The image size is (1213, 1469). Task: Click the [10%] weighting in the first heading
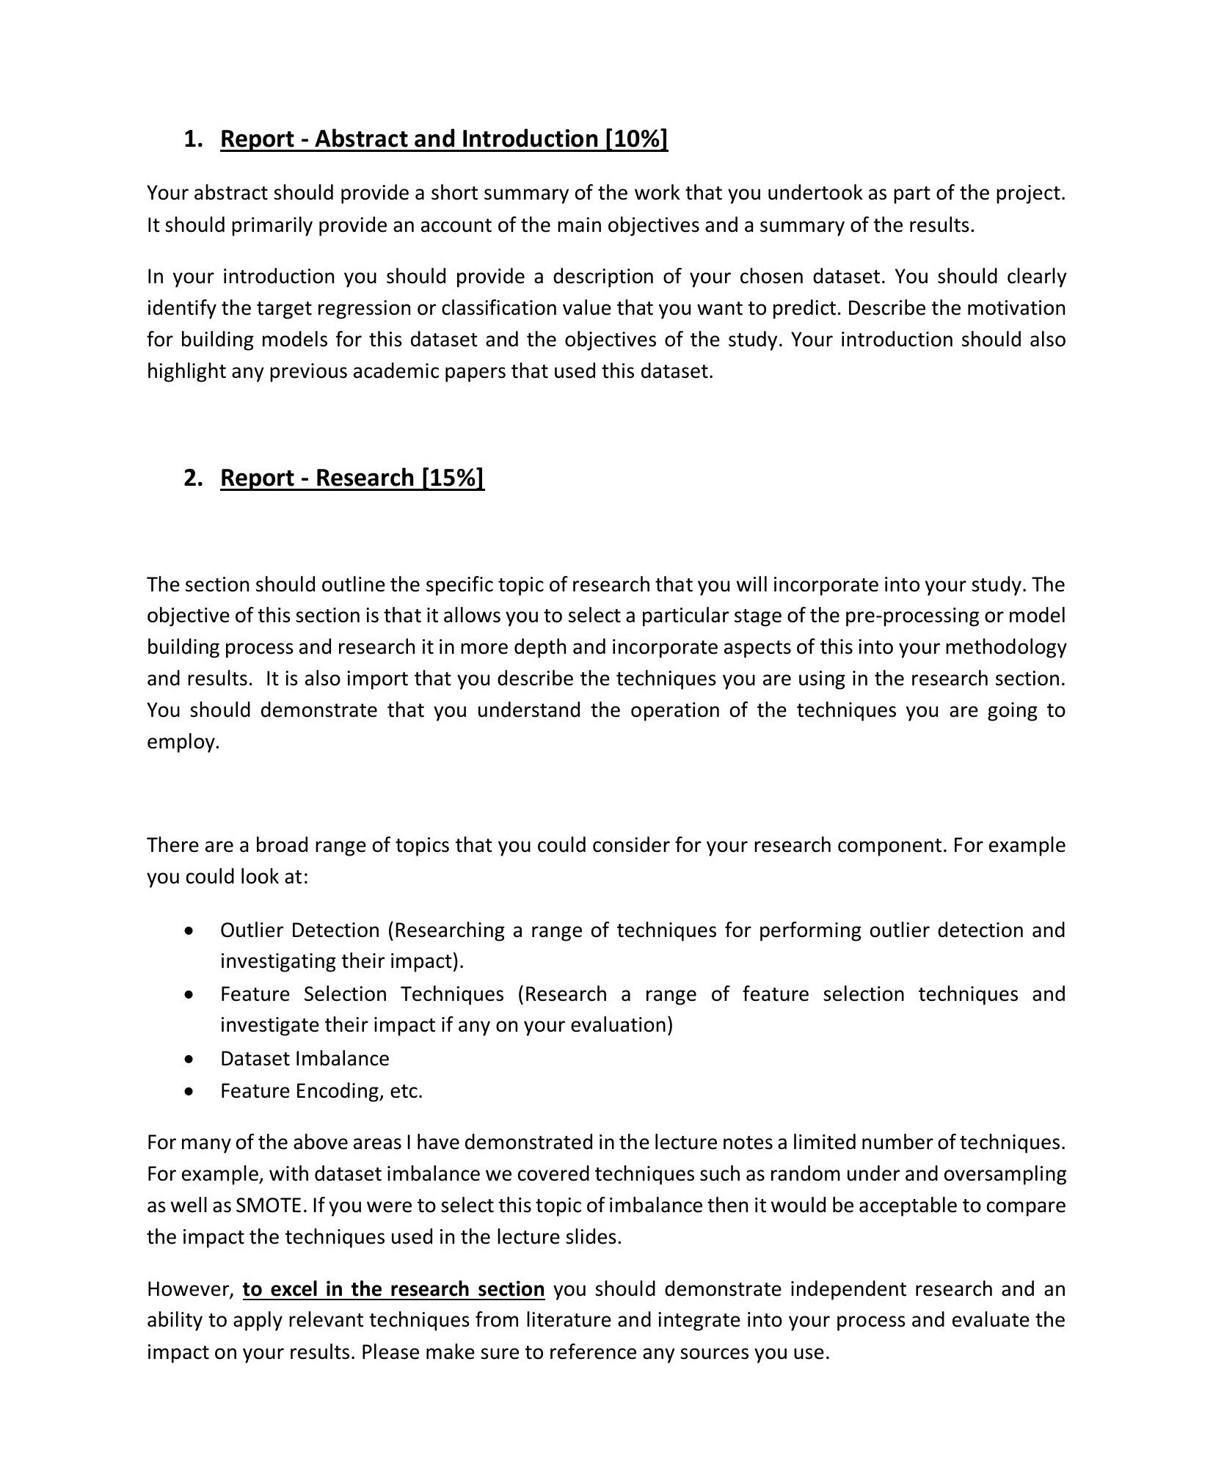tap(635, 139)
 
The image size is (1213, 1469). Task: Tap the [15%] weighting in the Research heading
tap(453, 478)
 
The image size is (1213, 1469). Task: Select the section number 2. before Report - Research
tap(193, 478)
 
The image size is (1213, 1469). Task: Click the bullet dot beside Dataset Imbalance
tap(190, 1059)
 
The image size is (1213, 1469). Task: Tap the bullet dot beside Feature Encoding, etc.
tap(190, 1091)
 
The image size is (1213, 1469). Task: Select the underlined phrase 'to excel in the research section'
tap(393, 1289)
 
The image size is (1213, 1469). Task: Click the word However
tap(189, 1289)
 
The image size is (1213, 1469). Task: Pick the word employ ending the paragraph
tap(183, 742)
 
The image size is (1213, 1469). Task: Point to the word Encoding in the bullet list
tap(335, 1091)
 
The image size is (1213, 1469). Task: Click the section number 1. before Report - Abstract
tap(193, 139)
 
